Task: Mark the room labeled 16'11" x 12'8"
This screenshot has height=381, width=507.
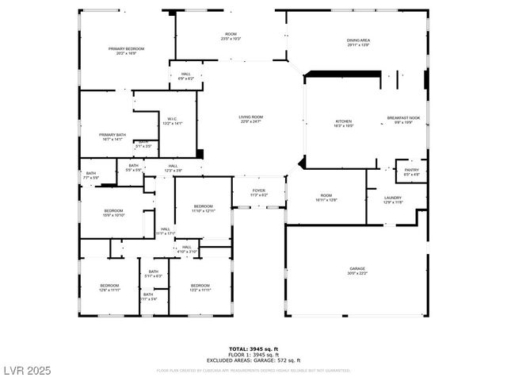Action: tap(327, 198)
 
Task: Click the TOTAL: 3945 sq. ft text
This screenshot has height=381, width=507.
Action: tap(254, 349)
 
